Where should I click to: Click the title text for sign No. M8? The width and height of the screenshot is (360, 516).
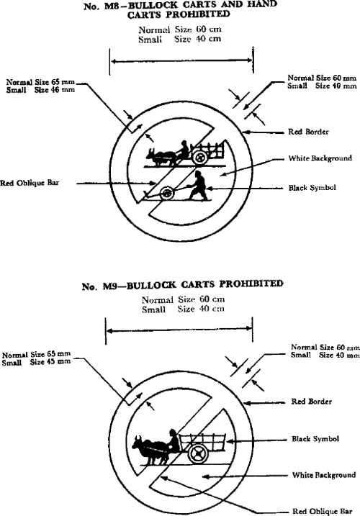click(181, 10)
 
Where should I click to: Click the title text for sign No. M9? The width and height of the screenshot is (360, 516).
click(182, 285)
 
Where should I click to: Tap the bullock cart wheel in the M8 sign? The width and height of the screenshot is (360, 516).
click(199, 157)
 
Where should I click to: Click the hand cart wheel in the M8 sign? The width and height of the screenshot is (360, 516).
click(166, 194)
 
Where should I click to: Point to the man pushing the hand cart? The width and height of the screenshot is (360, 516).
click(197, 186)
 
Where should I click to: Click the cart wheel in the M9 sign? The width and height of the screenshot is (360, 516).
click(198, 453)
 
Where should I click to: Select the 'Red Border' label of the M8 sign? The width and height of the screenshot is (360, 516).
click(308, 132)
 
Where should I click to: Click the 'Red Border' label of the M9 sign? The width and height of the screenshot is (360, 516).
click(311, 402)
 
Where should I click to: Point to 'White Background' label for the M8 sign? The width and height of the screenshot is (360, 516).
click(320, 158)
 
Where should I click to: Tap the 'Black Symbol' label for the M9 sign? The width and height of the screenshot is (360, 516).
click(315, 439)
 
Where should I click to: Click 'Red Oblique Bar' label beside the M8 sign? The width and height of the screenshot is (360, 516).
click(30, 183)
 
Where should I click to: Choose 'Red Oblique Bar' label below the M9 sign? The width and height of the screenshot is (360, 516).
click(323, 511)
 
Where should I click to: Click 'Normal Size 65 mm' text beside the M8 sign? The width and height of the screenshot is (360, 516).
click(40, 82)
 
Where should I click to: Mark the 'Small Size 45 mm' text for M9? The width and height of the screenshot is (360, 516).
click(36, 362)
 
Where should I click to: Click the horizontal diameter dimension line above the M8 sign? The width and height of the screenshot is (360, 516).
click(181, 60)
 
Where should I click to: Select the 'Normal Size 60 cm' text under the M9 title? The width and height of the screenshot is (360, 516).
click(183, 299)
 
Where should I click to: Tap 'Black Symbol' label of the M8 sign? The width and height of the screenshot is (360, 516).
click(312, 188)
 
